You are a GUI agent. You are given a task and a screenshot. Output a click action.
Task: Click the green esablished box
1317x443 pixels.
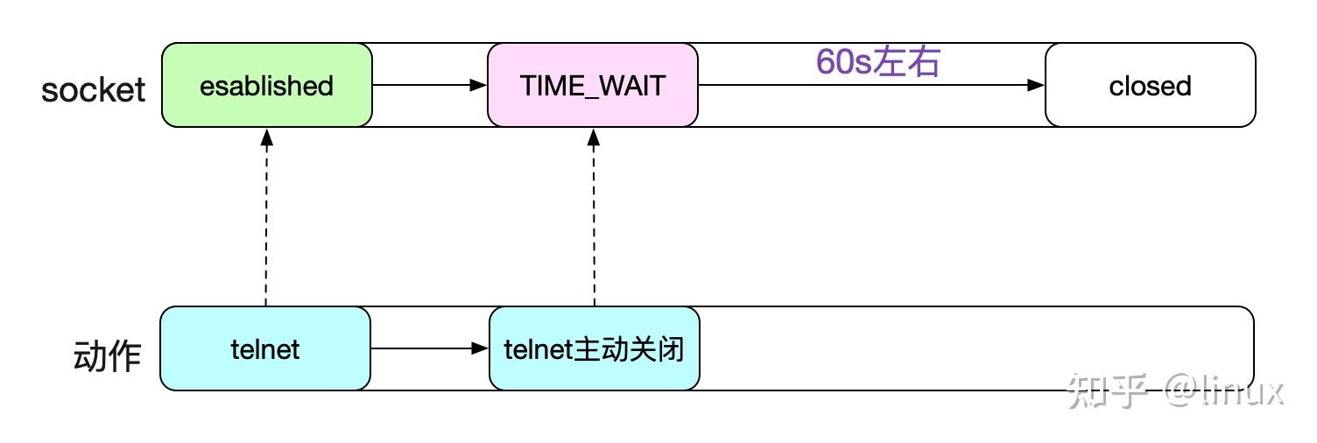point(267,86)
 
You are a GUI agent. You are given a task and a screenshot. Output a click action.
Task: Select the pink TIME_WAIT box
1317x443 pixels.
point(593,86)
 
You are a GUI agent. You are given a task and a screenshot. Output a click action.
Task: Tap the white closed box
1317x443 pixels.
point(1150,86)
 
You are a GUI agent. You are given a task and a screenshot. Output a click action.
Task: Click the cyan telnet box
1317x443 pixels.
point(265,349)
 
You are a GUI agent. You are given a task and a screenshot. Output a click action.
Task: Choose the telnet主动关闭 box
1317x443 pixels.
point(595,349)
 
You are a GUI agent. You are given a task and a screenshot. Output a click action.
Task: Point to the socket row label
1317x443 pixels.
point(93,89)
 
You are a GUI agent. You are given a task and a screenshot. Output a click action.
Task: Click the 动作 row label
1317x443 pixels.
point(107,357)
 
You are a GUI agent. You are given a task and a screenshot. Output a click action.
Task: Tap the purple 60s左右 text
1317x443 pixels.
point(877,62)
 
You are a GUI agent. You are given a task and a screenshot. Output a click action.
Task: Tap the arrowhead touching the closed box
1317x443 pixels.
point(1037,86)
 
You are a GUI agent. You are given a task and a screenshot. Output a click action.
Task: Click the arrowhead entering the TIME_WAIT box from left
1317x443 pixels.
point(479,86)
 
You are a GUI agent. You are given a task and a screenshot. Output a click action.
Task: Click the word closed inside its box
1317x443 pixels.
point(1150,87)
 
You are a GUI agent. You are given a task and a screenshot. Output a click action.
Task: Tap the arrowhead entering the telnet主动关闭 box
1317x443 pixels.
point(480,349)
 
